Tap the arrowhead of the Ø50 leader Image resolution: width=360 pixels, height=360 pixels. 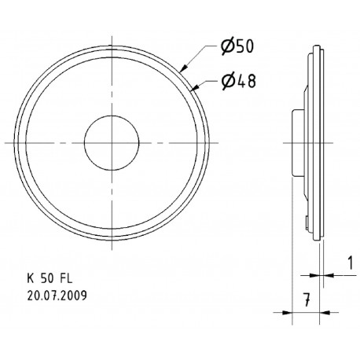(x=185, y=69)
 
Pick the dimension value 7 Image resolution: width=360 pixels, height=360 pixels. (x=302, y=298)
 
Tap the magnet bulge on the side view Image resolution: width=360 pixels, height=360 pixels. (x=296, y=142)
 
